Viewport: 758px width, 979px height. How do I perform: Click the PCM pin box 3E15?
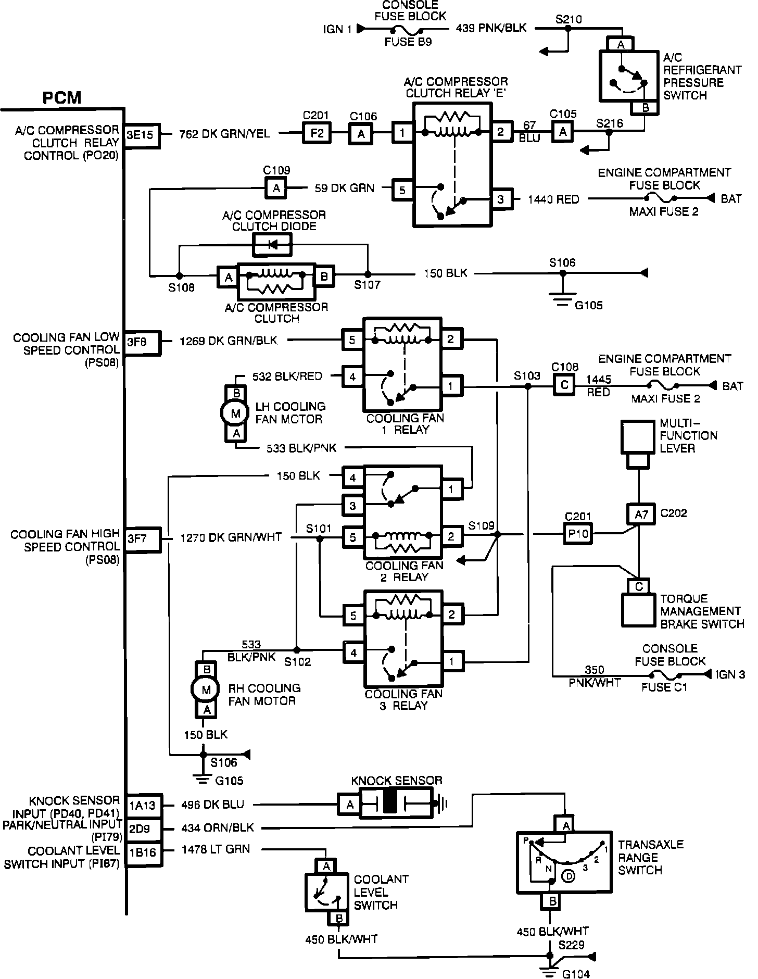(141, 135)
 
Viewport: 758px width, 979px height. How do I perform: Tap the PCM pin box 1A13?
(142, 805)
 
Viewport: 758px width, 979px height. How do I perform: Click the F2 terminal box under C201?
(317, 133)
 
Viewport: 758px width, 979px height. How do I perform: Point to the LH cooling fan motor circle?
(236, 413)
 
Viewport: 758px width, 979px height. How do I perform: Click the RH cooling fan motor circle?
(207, 691)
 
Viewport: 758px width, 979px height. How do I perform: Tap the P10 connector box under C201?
(578, 534)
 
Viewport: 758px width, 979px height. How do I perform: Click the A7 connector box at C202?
(641, 514)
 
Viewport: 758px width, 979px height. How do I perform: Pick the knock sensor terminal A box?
(350, 806)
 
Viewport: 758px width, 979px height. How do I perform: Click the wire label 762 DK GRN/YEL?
(225, 134)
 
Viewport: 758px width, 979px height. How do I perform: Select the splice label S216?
(610, 123)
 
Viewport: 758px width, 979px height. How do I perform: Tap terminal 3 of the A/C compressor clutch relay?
(501, 199)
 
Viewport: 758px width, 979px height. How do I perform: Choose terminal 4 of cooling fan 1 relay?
(353, 376)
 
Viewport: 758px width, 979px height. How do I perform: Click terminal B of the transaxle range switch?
(553, 900)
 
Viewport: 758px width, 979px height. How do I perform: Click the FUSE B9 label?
(408, 42)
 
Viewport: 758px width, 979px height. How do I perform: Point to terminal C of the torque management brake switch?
(639, 586)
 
